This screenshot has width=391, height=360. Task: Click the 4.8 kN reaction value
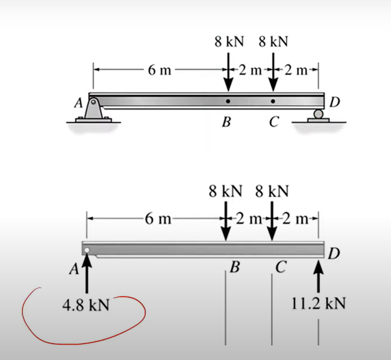[x=86, y=306]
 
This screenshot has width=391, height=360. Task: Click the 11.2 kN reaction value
[x=319, y=304]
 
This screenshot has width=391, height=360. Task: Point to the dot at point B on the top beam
[x=228, y=101]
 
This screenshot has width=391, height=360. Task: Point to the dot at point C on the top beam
[x=273, y=101]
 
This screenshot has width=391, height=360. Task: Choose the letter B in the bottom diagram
[x=236, y=267]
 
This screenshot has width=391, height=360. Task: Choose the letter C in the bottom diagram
[x=280, y=267]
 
